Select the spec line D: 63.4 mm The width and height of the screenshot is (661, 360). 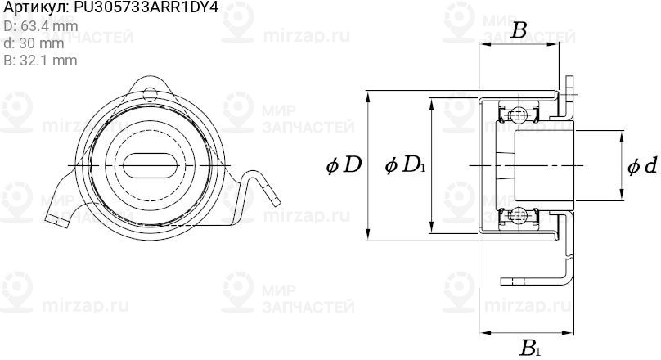(x=41, y=26)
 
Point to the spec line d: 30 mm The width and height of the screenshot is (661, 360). (x=34, y=43)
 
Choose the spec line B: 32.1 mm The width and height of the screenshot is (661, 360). (x=40, y=61)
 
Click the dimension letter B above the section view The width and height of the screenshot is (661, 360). (x=519, y=31)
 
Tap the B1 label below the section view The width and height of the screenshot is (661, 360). (x=529, y=349)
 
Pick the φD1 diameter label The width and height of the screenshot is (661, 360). (x=405, y=166)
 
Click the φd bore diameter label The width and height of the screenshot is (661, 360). (x=641, y=166)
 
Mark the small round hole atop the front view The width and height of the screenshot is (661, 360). (x=149, y=92)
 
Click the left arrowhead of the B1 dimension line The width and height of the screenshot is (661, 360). (x=483, y=333)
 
